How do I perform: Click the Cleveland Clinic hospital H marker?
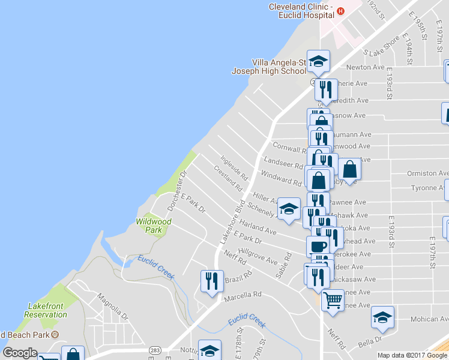[341, 11]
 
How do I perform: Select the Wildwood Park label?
[154, 226]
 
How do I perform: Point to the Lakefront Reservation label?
[46, 310]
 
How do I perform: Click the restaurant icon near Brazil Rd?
[211, 281]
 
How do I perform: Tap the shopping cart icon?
[332, 298]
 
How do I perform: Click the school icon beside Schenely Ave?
[289, 209]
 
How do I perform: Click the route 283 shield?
[155, 349]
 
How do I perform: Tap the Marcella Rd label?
[243, 295]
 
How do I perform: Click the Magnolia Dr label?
[112, 305]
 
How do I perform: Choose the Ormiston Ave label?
[427, 173]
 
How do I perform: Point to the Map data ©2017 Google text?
[413, 355]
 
